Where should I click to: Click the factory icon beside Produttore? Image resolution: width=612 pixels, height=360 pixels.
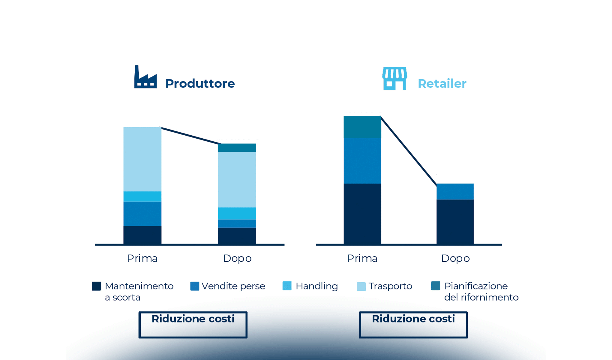(x=145, y=77)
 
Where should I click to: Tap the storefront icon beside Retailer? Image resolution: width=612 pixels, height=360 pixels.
(x=394, y=79)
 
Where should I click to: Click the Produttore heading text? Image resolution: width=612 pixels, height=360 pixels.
(x=200, y=83)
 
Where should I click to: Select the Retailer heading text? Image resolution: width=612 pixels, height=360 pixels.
(x=442, y=84)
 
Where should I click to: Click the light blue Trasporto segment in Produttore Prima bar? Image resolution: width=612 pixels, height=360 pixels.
(x=142, y=159)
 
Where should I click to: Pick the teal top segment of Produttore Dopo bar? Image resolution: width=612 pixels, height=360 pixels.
(x=237, y=148)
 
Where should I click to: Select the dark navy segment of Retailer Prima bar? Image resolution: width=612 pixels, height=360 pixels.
(x=362, y=214)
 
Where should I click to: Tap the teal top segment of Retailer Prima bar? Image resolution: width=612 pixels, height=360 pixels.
(x=362, y=127)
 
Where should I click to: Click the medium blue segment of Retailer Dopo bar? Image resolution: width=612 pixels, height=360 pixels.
(x=455, y=191)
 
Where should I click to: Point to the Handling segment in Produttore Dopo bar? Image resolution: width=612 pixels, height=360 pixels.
(x=237, y=213)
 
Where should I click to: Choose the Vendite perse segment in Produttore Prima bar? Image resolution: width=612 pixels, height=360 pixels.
(x=142, y=214)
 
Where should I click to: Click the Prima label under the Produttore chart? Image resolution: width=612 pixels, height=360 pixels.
(x=142, y=258)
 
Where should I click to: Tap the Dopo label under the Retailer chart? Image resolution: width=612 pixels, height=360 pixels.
(x=455, y=258)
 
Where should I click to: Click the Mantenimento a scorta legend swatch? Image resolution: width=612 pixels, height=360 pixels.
(x=96, y=286)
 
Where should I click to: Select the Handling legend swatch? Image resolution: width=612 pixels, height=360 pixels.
(x=287, y=286)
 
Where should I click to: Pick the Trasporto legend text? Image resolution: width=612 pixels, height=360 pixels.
(x=390, y=286)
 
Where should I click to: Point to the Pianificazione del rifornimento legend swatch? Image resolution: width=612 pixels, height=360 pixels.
(x=436, y=286)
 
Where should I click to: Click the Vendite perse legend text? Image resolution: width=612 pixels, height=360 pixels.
(x=233, y=286)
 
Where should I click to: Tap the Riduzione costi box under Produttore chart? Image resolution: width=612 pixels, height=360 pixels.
(x=193, y=325)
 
